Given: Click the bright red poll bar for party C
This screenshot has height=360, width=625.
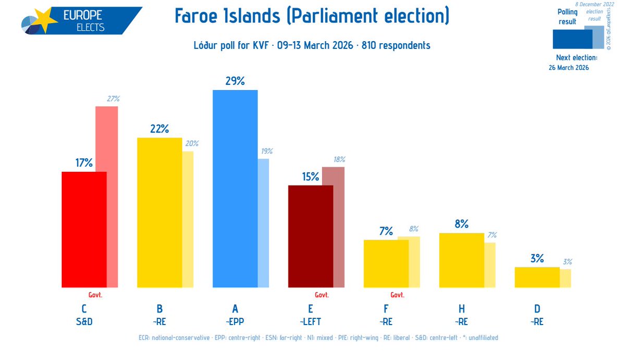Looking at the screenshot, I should (x=84, y=229).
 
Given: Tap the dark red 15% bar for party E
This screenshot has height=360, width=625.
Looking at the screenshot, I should (x=310, y=236).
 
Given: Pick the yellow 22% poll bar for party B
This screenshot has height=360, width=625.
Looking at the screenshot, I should (x=160, y=213).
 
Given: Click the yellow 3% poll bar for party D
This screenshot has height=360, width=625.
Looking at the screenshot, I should (x=537, y=277).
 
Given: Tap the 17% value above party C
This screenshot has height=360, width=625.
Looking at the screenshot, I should (x=84, y=163).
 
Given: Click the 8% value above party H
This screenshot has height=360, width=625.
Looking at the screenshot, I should (x=462, y=224).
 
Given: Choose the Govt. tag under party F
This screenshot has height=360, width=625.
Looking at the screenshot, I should (x=398, y=294).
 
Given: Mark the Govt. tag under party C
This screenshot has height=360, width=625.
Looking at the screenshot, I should (x=95, y=294).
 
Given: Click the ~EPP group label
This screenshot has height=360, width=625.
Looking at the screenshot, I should (x=235, y=322).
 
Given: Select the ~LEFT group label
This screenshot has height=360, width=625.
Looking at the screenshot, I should (x=311, y=322).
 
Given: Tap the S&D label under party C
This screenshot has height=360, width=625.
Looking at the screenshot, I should (x=84, y=322).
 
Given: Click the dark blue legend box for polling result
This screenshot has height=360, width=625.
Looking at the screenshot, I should (x=571, y=39).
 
